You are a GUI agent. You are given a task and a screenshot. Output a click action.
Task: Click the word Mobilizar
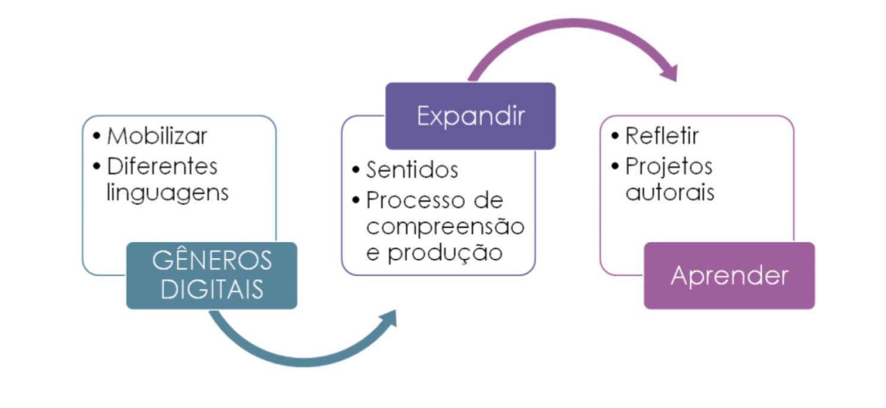point(157,136)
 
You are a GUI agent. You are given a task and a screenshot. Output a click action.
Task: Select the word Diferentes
point(162,166)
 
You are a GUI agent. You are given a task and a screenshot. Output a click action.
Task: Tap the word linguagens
point(167,193)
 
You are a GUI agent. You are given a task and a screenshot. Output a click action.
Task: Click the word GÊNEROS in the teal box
point(212,261)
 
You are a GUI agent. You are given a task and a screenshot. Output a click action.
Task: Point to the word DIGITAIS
point(212,289)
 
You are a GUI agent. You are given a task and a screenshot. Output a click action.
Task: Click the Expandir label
point(470,116)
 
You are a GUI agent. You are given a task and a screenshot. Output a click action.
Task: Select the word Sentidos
point(412,170)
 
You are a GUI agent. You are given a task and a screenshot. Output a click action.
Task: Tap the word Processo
point(409,200)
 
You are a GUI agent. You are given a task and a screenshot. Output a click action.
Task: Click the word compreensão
point(445,227)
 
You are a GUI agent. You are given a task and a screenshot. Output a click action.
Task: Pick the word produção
point(445,253)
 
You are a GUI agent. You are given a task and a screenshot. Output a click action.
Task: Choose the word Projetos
point(668,166)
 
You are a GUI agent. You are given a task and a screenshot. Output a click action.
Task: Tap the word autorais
point(670,193)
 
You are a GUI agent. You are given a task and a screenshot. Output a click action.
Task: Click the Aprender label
point(729,276)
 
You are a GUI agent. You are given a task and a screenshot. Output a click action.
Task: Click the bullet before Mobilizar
point(97,136)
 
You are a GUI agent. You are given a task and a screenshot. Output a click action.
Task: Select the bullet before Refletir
point(615,136)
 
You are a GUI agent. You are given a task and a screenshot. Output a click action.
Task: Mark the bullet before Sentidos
point(356,171)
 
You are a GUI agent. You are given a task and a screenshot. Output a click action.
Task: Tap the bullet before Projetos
point(615,167)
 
